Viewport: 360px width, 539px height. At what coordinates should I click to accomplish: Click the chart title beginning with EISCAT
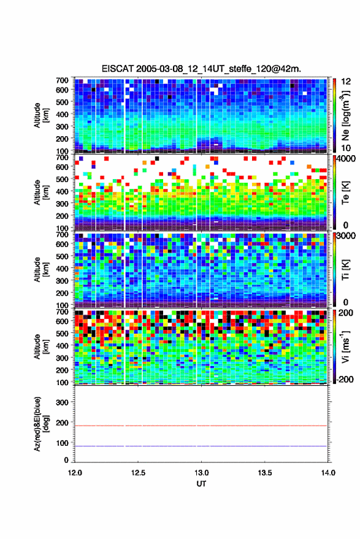pos(201,69)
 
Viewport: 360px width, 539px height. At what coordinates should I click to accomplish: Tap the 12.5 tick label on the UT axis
pos(138,473)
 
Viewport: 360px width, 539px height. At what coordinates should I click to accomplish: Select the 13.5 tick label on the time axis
pos(264,473)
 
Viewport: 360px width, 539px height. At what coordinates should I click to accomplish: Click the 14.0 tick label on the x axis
pos(328,473)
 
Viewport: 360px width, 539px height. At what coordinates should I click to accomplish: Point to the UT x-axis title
pos(201,484)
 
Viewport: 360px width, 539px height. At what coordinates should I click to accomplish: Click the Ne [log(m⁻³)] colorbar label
pos(345,115)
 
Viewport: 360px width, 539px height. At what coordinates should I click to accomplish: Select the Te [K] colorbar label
pos(345,193)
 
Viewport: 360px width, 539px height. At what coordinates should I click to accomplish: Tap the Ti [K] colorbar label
pos(345,270)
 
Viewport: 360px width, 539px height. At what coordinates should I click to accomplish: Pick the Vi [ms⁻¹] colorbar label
pos(345,346)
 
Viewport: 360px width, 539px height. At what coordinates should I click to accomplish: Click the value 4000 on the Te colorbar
pos(345,159)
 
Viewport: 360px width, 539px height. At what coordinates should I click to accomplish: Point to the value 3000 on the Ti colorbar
pos(345,236)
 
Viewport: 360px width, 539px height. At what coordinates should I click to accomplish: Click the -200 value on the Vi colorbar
pos(344,379)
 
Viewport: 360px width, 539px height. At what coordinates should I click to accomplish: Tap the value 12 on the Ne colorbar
pos(346,82)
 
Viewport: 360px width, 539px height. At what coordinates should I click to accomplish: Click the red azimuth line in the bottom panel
pos(201,426)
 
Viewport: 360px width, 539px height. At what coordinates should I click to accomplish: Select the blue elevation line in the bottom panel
pos(201,446)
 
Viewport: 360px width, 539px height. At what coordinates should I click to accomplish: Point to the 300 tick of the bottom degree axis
pos(62,402)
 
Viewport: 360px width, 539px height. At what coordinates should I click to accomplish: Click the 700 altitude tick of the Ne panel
pos(62,80)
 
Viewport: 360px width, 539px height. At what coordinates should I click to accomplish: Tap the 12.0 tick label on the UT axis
pos(75,473)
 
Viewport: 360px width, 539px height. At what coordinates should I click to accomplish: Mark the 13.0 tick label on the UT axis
pos(201,473)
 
